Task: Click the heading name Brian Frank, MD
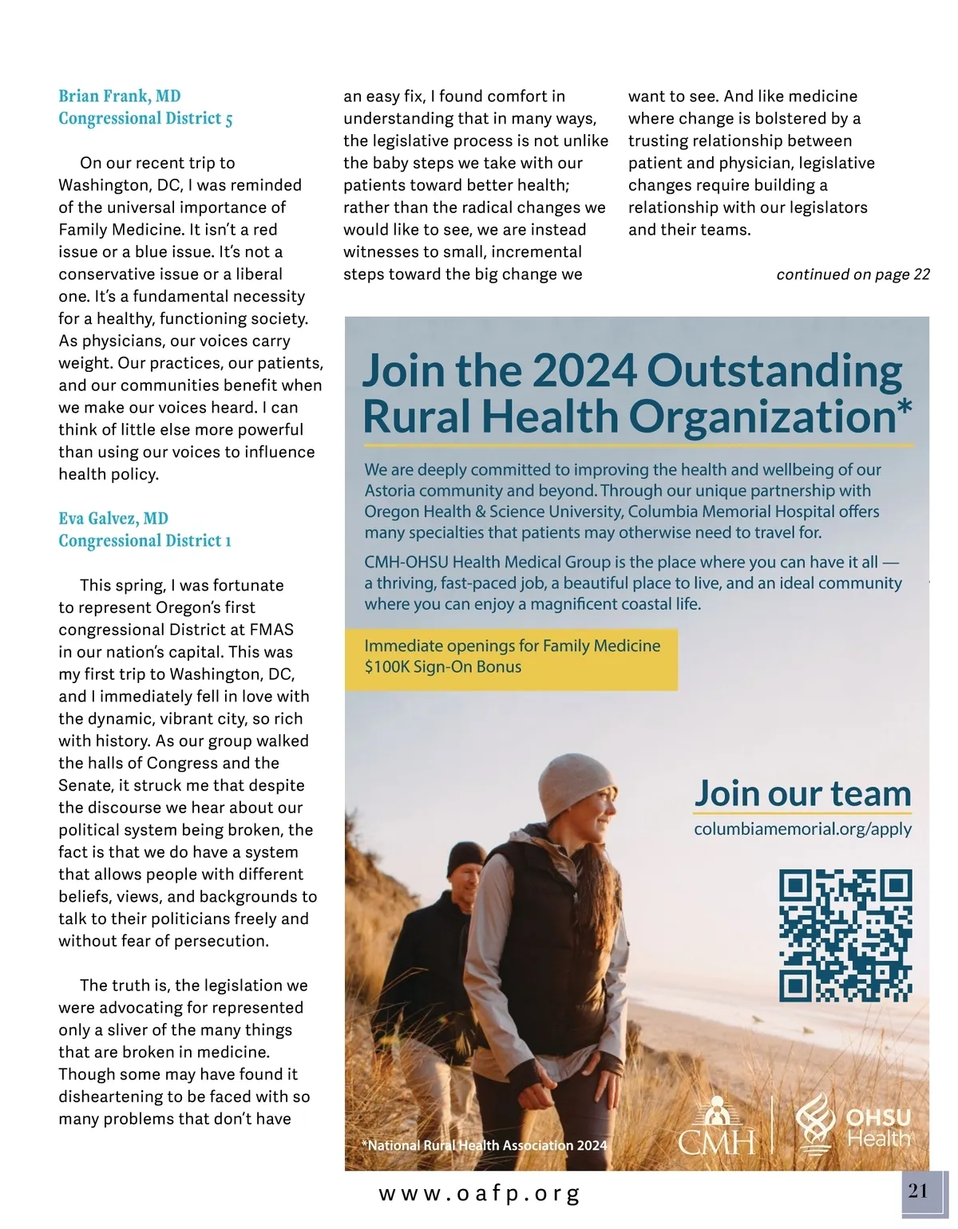[120, 97]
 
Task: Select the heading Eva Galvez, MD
[113, 519]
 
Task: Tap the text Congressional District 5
[145, 119]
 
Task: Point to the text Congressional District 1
[144, 541]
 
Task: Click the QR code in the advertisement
[845, 935]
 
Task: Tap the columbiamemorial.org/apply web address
[802, 829]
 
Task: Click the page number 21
[919, 1191]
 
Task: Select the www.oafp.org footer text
[479, 1194]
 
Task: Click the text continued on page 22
[853, 275]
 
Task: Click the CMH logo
[717, 1128]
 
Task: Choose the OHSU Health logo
[853, 1124]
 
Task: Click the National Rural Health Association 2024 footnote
[485, 1145]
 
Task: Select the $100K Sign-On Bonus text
[443, 667]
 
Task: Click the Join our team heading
[802, 793]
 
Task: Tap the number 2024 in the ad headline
[584, 370]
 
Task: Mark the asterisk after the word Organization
[904, 407]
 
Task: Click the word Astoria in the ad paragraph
[390, 491]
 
